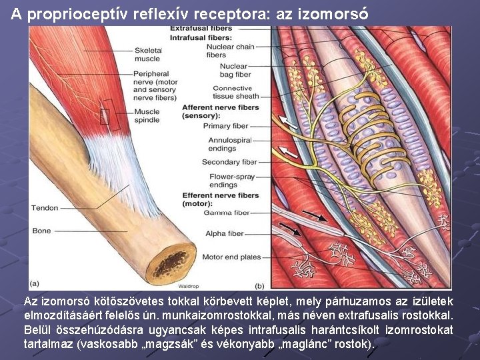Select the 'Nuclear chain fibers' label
230,51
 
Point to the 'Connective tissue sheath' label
231,92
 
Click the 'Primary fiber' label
225,126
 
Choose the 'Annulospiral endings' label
230,145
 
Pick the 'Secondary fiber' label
229,162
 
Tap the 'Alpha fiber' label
226,234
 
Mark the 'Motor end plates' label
231,257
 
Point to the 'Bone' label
41,231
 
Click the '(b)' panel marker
259,285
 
